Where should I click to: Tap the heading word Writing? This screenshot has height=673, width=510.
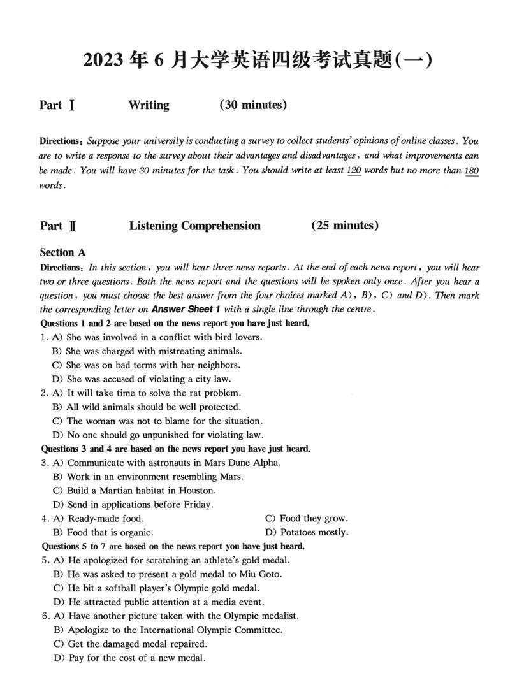[149, 105]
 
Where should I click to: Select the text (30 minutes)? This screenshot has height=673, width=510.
[252, 105]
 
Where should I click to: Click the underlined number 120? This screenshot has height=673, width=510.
[354, 170]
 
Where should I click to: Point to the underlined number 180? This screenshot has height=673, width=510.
[472, 170]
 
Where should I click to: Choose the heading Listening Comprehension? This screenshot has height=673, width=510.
[194, 226]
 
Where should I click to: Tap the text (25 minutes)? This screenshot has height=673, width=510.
[345, 226]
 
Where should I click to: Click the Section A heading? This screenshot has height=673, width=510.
[62, 253]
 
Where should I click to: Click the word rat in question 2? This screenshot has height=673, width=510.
[192, 393]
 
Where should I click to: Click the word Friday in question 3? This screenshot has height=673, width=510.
[196, 505]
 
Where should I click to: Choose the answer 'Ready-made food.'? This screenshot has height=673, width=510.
[105, 519]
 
